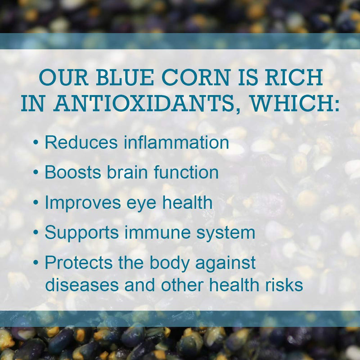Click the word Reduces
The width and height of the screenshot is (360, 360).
click(81, 143)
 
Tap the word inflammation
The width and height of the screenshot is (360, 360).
click(176, 143)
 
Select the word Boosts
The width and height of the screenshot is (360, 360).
click(75, 172)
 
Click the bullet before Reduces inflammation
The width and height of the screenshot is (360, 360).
click(36, 144)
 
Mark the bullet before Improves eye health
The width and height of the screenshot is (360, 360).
click(36, 203)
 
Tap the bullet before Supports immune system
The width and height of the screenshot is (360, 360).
click(36, 233)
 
